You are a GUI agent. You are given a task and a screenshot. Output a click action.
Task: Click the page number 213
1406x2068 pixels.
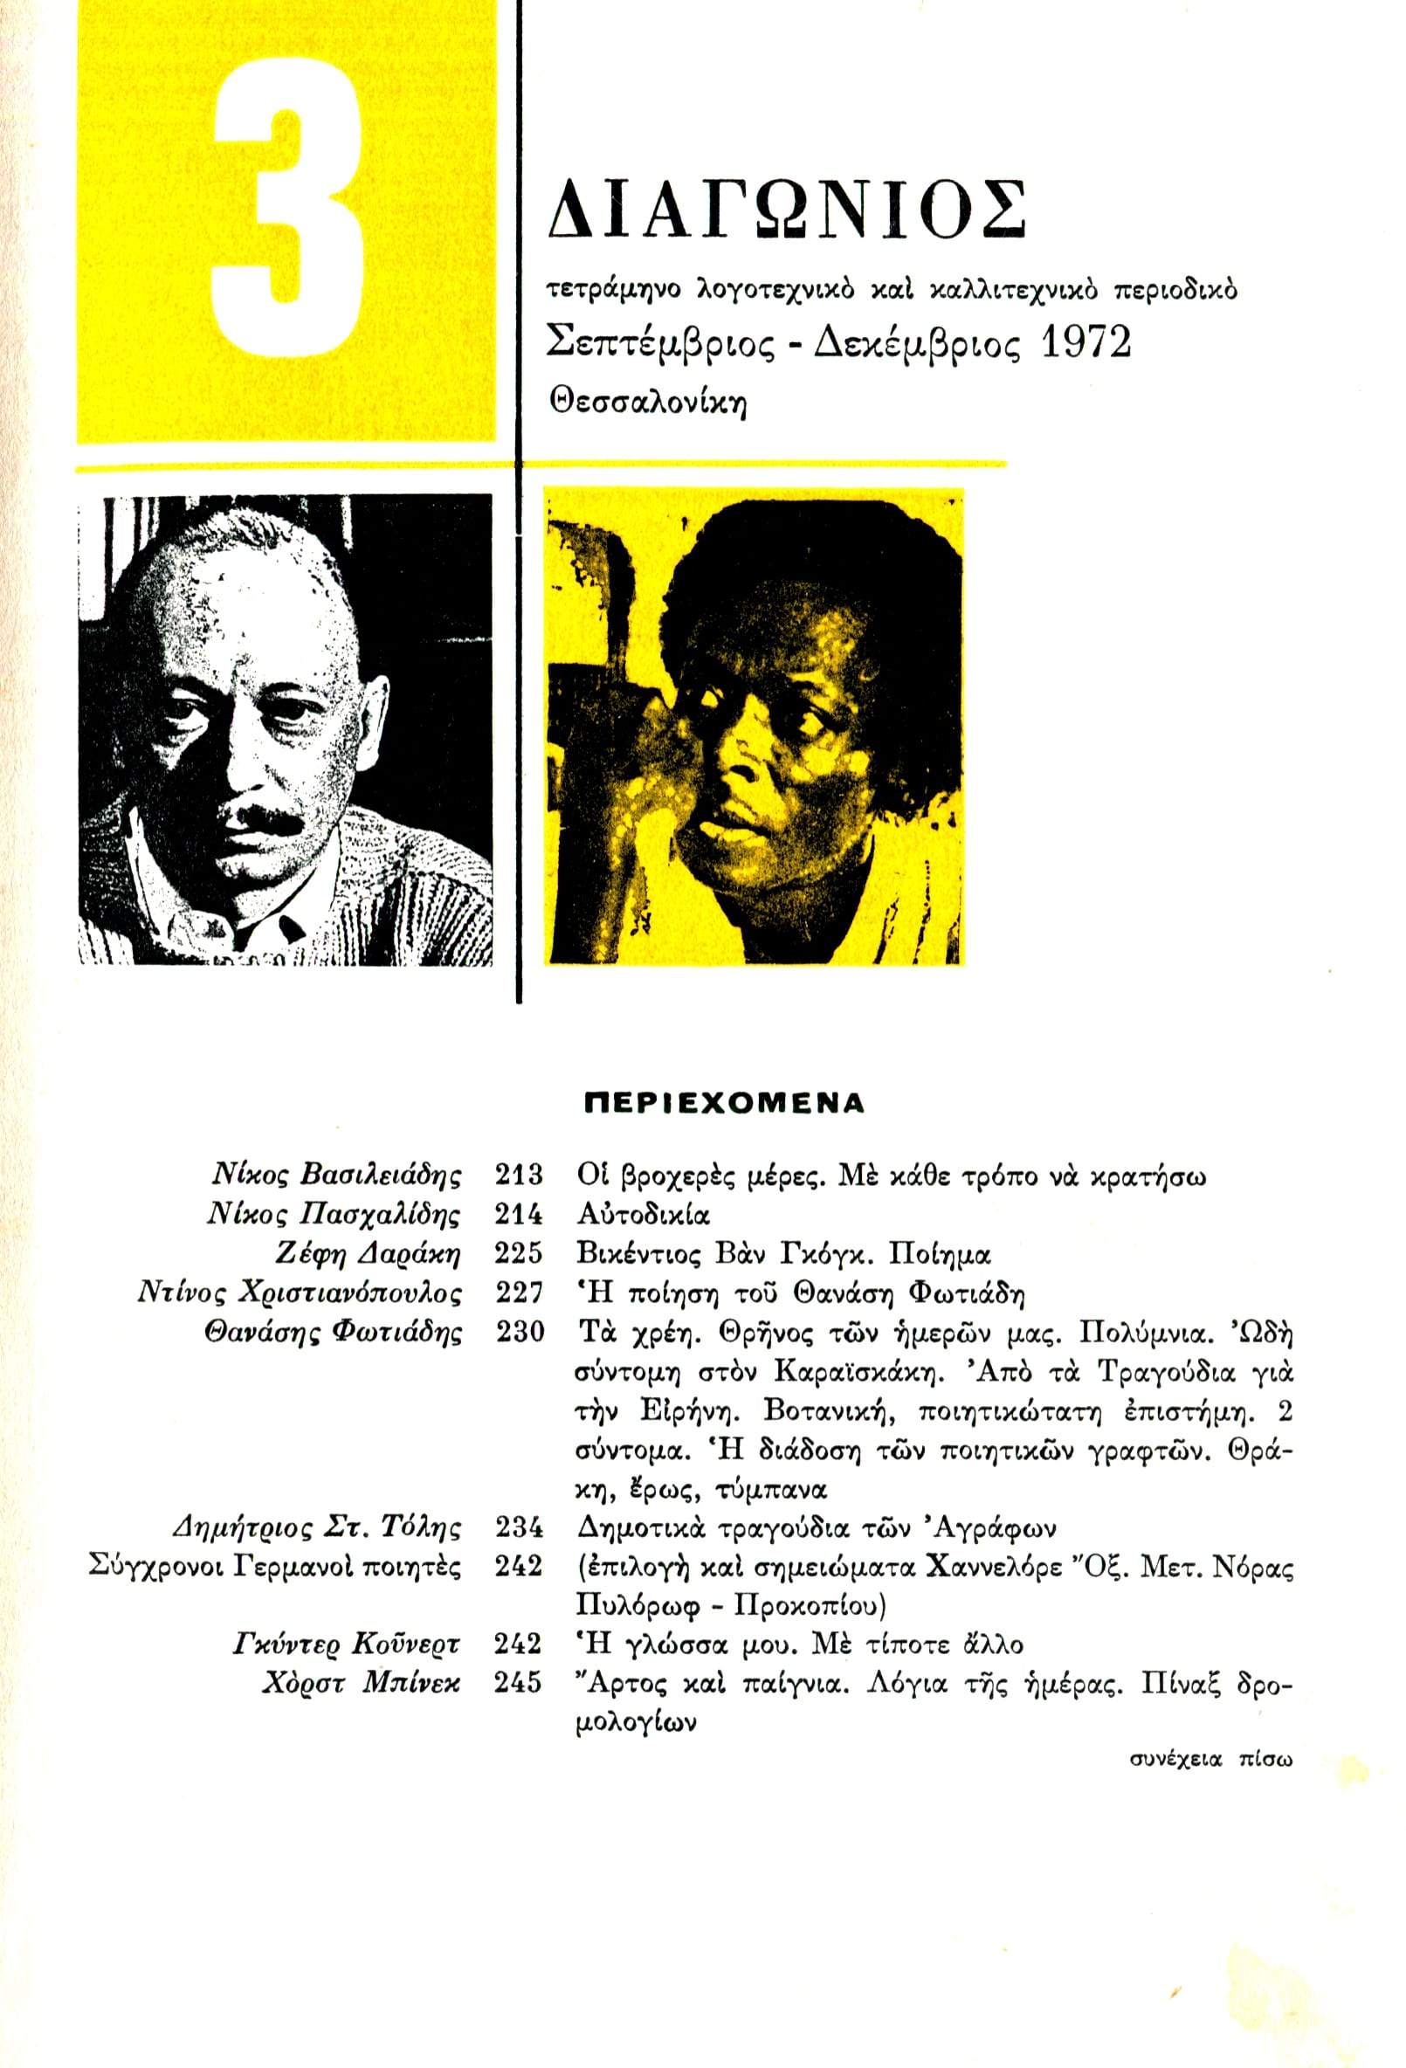pyautogui.click(x=518, y=1175)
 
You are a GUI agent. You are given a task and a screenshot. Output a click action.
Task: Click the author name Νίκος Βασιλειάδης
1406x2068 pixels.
pyautogui.click(x=336, y=1175)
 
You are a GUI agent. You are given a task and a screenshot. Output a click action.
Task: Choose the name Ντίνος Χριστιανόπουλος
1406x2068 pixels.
pyautogui.click(x=300, y=1293)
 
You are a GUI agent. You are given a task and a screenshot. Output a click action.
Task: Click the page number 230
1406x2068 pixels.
pyautogui.click(x=518, y=1332)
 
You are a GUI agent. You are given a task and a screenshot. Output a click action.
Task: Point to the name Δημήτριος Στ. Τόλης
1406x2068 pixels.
pyautogui.click(x=317, y=1528)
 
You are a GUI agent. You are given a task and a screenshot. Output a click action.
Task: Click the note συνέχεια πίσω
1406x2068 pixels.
pyautogui.click(x=1210, y=1759)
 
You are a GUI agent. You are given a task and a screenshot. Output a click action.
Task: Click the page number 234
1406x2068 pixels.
pyautogui.click(x=518, y=1528)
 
